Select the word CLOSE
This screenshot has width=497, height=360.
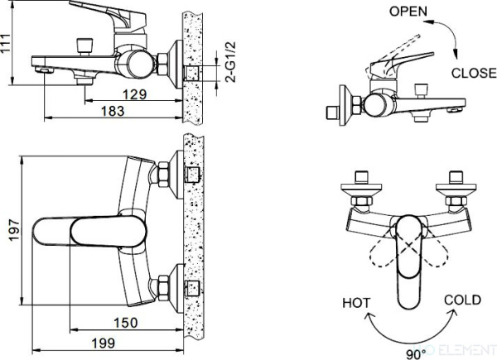[x=473, y=73]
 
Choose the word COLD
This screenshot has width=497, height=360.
[x=461, y=300]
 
